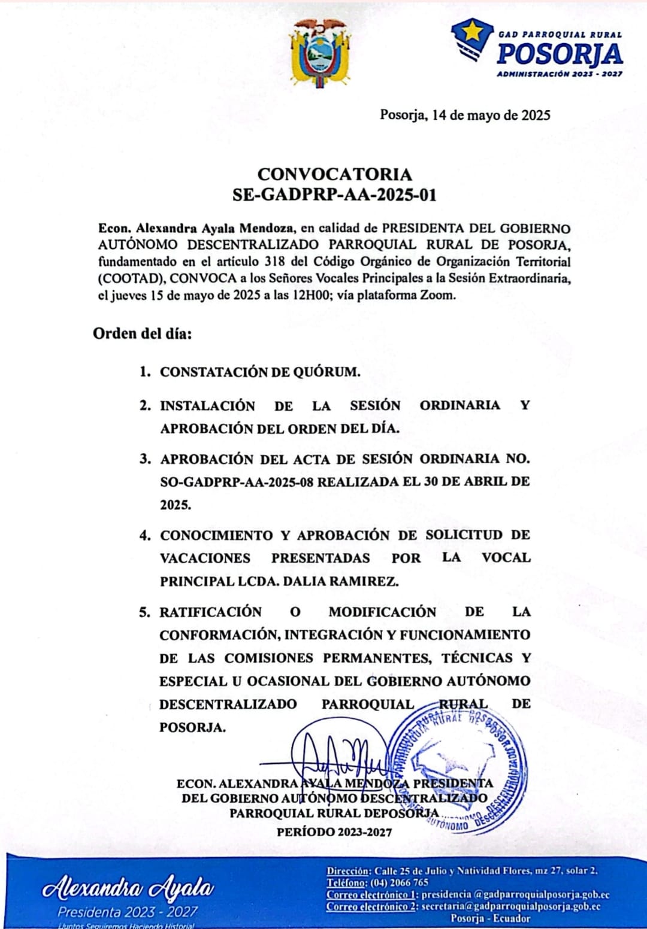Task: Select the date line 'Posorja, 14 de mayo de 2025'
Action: click(465, 115)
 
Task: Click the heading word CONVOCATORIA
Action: click(334, 174)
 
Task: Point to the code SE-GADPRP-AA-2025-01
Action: click(334, 195)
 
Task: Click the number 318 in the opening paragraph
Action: click(274, 262)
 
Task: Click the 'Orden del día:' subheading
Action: click(143, 333)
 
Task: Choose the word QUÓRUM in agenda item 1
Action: click(326, 372)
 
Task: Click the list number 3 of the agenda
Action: click(145, 459)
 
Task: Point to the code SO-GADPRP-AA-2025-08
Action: click(237, 482)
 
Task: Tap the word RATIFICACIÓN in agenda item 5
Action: click(210, 612)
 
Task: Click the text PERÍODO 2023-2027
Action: click(334, 832)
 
